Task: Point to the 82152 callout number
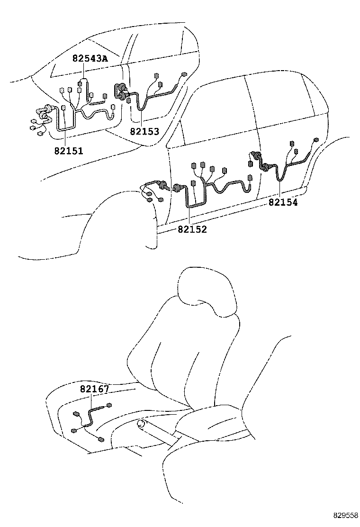click(192, 229)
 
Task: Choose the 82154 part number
click(283, 202)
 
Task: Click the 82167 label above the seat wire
click(94, 389)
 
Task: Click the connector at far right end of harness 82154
click(316, 140)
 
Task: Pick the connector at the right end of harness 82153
click(184, 74)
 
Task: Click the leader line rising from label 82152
click(189, 216)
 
